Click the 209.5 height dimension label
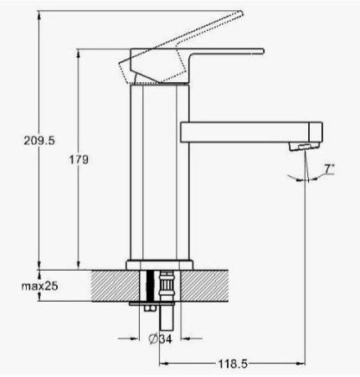point(39,141)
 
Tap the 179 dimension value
point(79,159)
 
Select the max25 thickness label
point(39,286)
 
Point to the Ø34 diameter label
point(161,338)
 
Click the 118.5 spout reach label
point(233,364)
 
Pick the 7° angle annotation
point(329,168)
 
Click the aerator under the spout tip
point(304,147)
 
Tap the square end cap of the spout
point(316,132)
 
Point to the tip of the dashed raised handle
point(241,13)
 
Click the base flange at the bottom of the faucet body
point(159,265)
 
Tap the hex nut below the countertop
point(149,308)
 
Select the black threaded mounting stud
point(150,286)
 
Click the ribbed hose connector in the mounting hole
point(167,286)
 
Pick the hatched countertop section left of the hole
point(116,286)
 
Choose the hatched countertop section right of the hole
point(204,286)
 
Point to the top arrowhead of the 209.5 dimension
point(39,15)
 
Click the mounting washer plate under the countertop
point(152,303)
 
